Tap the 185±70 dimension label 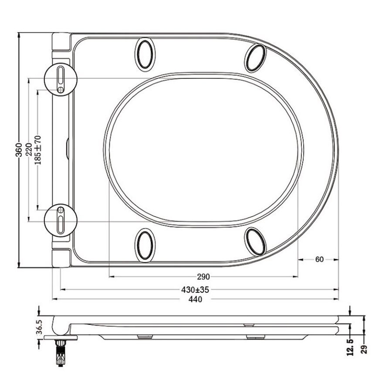(38, 150)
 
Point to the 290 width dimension (203, 276)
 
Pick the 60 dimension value (319, 259)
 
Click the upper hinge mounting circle (61, 79)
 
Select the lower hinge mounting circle (61, 220)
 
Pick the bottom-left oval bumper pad (145, 245)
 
